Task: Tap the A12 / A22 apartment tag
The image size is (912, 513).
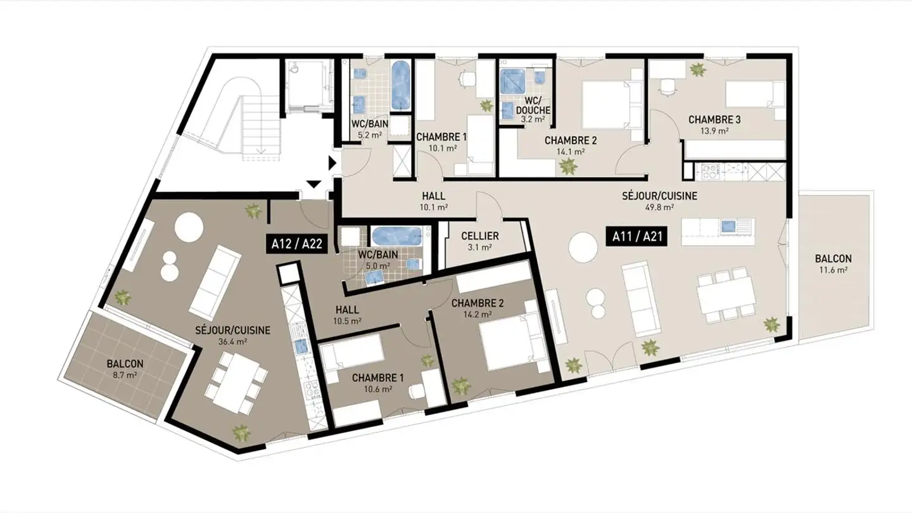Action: click(295, 243)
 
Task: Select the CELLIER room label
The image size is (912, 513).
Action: click(480, 236)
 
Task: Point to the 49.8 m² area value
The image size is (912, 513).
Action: click(659, 207)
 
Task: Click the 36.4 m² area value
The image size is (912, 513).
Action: click(232, 341)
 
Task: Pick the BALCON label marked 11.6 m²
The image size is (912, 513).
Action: click(833, 259)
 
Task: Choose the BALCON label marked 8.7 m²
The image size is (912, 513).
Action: click(125, 364)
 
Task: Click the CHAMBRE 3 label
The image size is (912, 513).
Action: click(714, 120)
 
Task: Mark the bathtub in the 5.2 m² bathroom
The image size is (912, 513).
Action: click(400, 85)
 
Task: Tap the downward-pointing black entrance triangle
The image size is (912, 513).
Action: click(314, 184)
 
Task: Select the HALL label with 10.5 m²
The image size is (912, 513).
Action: click(347, 310)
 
